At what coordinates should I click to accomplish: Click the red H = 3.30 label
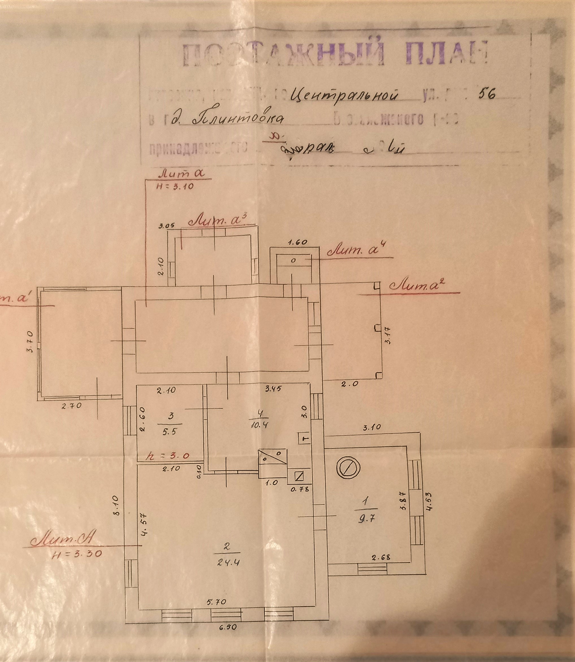click(x=77, y=554)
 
